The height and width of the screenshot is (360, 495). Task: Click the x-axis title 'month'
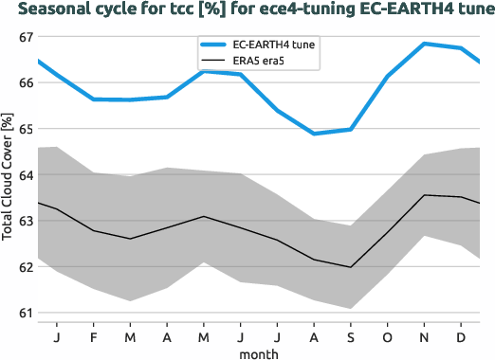coord(259,352)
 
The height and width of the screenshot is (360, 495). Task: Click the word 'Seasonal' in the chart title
coord(55,10)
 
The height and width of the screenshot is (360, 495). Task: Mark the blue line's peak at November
coord(423,44)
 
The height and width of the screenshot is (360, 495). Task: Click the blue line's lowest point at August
coord(314,134)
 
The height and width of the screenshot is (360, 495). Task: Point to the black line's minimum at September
coord(350,267)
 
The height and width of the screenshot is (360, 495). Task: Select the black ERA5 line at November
coord(423,195)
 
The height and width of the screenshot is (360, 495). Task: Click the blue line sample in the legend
coord(213,45)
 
